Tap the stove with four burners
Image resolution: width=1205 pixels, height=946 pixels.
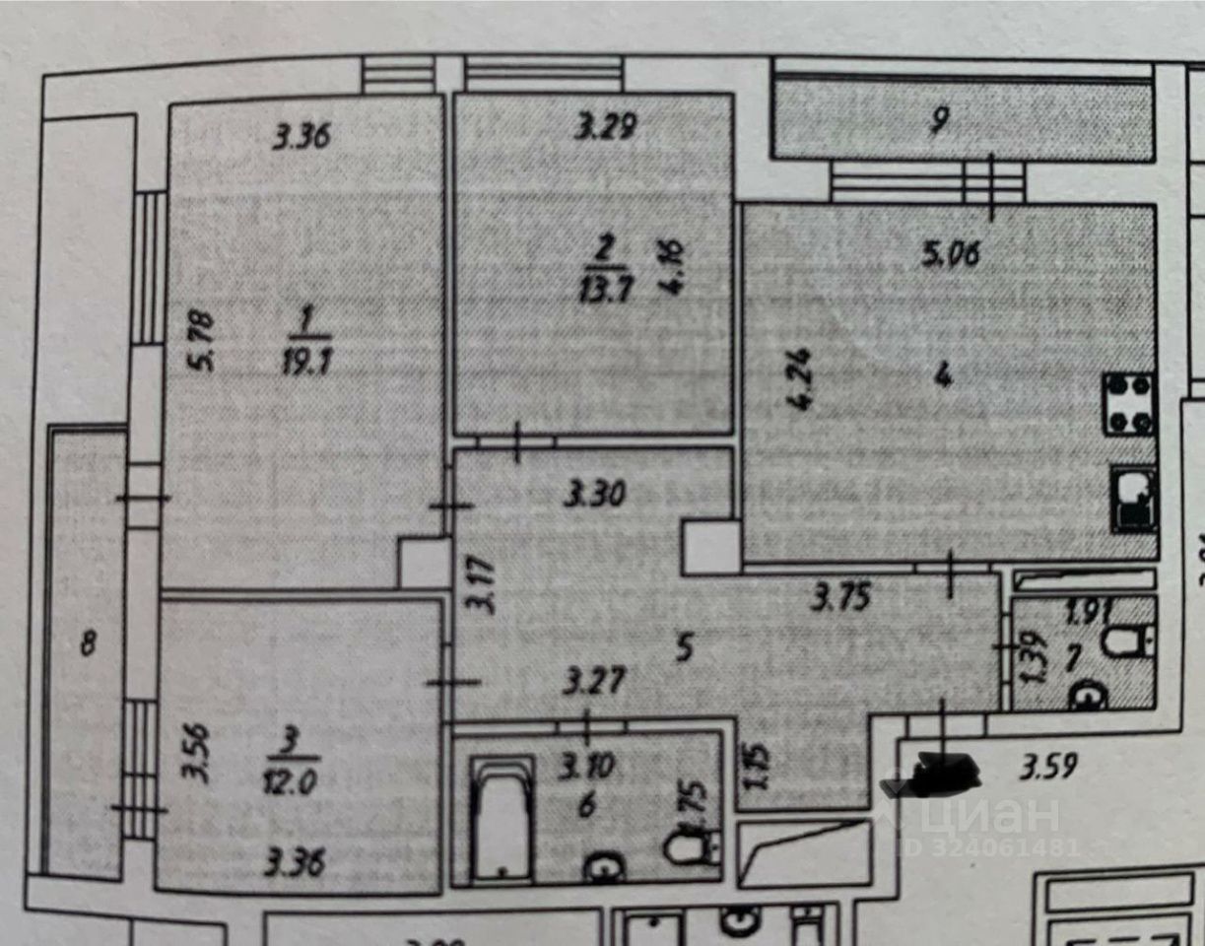point(1129,403)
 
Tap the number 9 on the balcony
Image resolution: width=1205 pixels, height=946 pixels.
point(939,121)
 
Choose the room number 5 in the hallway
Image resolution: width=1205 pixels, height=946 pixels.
point(687,647)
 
